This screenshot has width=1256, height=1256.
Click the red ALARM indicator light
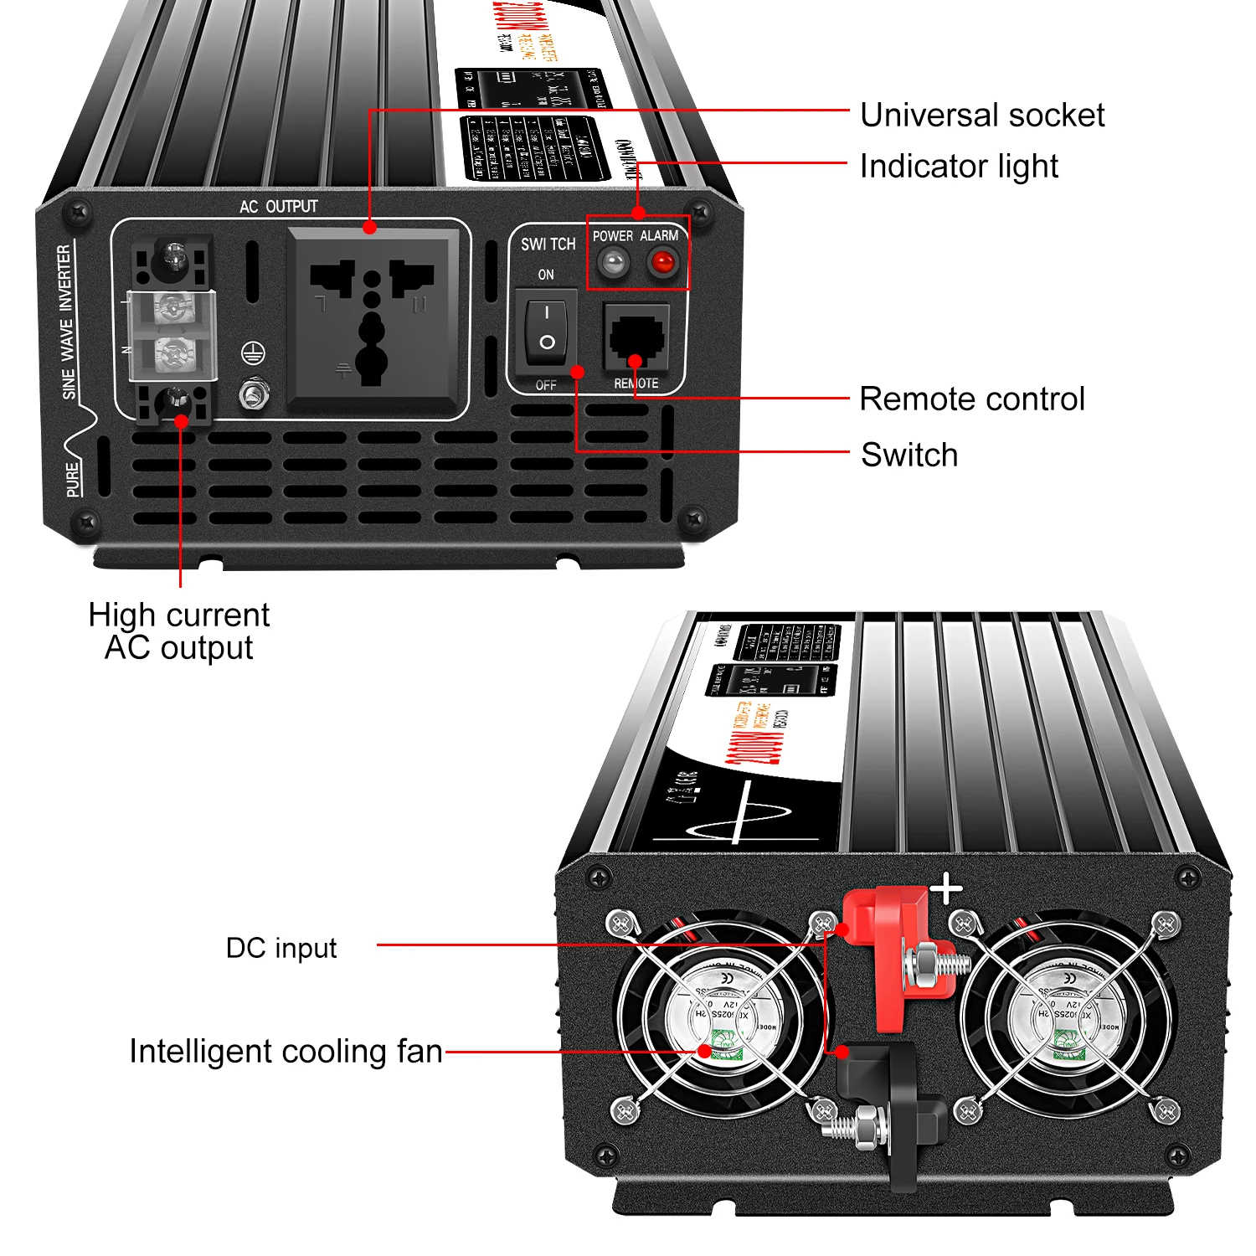tap(662, 264)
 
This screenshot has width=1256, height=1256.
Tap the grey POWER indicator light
tap(614, 264)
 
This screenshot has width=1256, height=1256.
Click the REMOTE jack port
tap(636, 337)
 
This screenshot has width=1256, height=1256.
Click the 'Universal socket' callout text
tap(982, 116)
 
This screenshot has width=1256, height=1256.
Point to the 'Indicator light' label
tap(959, 167)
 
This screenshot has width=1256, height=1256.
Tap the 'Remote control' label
tap(972, 399)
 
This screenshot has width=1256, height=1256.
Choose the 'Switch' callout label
tap(909, 456)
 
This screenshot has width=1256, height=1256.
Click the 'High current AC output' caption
tap(178, 631)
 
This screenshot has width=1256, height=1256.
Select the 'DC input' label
tap(281, 948)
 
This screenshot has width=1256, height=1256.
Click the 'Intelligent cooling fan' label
tap(286, 1052)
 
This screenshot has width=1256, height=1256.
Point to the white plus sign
tap(947, 889)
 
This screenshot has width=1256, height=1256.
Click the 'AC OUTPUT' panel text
tap(279, 207)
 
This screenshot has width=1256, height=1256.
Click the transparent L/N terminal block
tap(172, 335)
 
